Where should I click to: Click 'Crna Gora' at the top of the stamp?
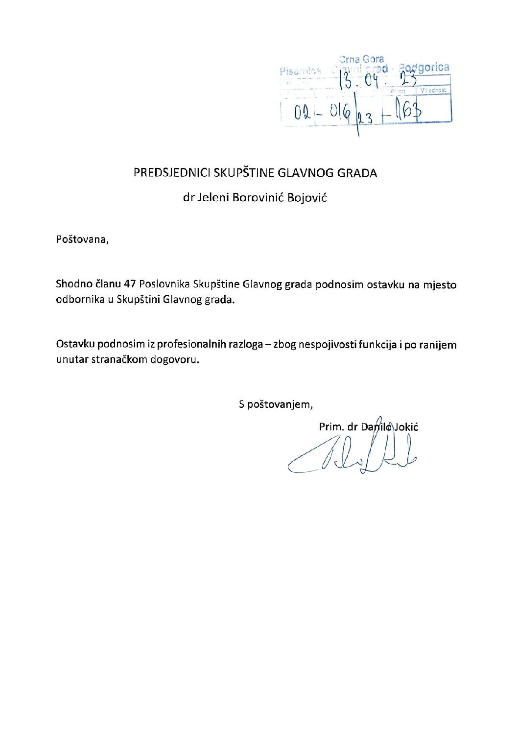[x=361, y=59]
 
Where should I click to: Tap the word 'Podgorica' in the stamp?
[x=424, y=68]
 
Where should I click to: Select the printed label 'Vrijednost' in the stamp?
[x=433, y=91]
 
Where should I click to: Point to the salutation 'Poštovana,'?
[x=82, y=239]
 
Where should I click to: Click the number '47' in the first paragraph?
[x=130, y=284]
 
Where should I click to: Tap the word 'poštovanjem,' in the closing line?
[x=280, y=405]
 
